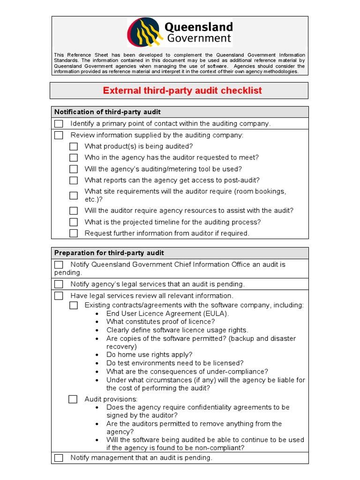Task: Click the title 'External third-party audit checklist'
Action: coord(182,90)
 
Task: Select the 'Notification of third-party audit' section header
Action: coord(107,112)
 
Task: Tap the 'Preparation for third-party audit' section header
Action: coord(109,253)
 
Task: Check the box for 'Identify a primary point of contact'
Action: coord(59,124)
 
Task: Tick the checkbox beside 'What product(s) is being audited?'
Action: coord(74,146)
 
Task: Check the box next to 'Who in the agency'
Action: coord(74,158)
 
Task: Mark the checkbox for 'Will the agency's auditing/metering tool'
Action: coord(74,169)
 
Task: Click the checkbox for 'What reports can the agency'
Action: coord(74,180)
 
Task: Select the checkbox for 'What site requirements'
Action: coord(74,195)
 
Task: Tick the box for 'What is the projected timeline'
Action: coord(74,222)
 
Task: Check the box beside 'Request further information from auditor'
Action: coord(74,233)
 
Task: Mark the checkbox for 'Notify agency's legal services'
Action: coord(59,284)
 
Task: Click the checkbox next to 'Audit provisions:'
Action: coord(73,399)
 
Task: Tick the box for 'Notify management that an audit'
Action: coord(59,458)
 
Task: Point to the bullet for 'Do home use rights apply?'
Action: coord(97,355)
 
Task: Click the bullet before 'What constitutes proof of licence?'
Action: coord(97,322)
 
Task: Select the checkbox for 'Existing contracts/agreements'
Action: coord(74,306)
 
